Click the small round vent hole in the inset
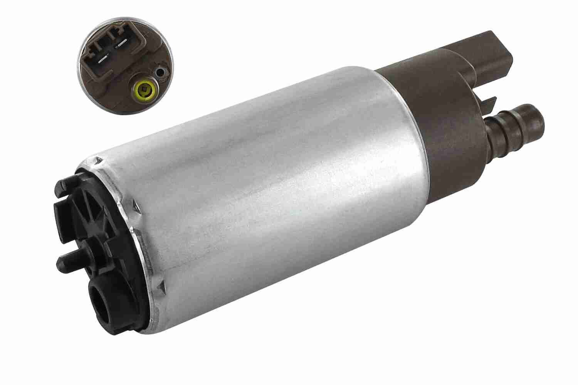pyautogui.click(x=159, y=72)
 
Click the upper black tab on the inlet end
pyautogui.click(x=62, y=210)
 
